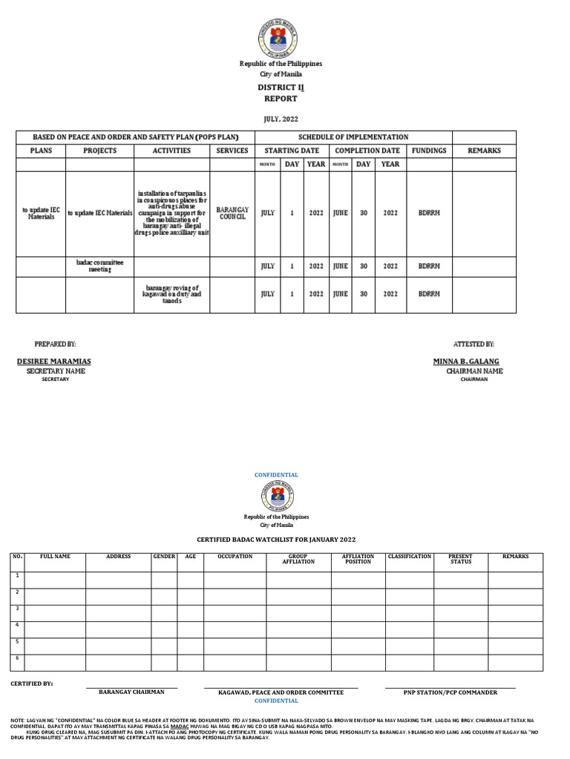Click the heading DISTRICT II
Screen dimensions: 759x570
click(x=280, y=87)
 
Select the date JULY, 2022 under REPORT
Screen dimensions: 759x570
click(x=280, y=119)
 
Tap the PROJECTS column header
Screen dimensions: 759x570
click(x=99, y=150)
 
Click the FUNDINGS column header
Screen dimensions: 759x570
click(x=429, y=150)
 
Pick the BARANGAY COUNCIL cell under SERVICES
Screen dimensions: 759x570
click(x=232, y=213)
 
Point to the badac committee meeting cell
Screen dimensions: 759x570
click(x=99, y=266)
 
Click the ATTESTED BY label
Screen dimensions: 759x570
click(x=474, y=345)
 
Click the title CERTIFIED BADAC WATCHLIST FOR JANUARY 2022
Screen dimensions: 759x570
click(x=280, y=541)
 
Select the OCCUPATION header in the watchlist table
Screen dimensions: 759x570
click(x=235, y=557)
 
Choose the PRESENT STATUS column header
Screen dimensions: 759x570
click(x=461, y=559)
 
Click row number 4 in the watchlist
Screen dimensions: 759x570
click(x=16, y=624)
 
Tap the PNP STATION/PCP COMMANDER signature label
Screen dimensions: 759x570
click(x=450, y=692)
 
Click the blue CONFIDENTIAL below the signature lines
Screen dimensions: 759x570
click(x=276, y=700)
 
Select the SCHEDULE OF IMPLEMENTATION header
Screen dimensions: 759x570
click(x=353, y=137)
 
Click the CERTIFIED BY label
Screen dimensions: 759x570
click(x=32, y=683)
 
